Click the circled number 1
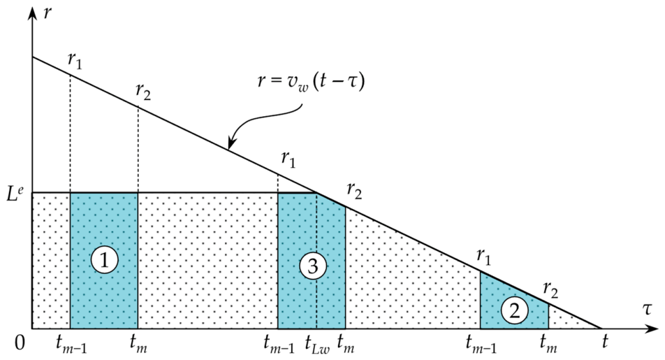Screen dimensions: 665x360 pos(104,260)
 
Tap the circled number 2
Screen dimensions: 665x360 pos(514,311)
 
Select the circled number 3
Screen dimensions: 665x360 pos(312,266)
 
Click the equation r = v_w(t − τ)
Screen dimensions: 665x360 pos(311,80)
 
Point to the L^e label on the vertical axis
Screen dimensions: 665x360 pos(15,194)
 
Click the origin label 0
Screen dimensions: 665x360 pos(20,343)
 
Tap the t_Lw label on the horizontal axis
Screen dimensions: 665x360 pos(317,343)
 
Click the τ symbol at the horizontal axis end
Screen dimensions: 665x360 pos(646,309)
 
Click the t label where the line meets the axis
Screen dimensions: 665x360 pos(605,341)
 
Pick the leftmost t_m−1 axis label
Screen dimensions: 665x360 pos(71,343)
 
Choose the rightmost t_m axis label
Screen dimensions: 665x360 pos(548,343)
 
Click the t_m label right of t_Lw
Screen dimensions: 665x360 pos(346,343)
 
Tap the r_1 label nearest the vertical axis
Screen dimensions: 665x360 pos(75,61)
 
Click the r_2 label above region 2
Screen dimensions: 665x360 pos(550,291)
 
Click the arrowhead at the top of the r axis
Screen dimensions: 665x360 pos(32,13)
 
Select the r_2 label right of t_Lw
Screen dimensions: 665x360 pos(355,191)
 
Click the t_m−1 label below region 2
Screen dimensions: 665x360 pos(481,343)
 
